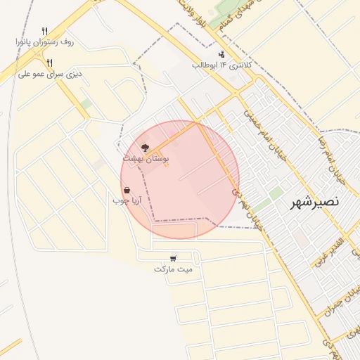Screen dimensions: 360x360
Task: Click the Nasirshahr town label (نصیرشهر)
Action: [x=314, y=203]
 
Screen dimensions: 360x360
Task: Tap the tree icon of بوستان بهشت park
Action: [x=146, y=148]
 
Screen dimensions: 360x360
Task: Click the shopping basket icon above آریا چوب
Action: [x=127, y=190]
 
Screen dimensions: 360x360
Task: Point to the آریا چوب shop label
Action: [x=127, y=201]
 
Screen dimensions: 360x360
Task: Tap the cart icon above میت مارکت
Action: [x=173, y=257]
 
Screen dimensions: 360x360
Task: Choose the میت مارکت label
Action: [x=173, y=269]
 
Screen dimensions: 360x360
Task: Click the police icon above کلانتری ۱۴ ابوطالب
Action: [x=222, y=54]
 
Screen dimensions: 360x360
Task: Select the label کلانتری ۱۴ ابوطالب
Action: [x=222, y=65]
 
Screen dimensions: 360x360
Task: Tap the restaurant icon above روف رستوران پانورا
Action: [x=44, y=31]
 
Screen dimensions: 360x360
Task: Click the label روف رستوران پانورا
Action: [x=44, y=42]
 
